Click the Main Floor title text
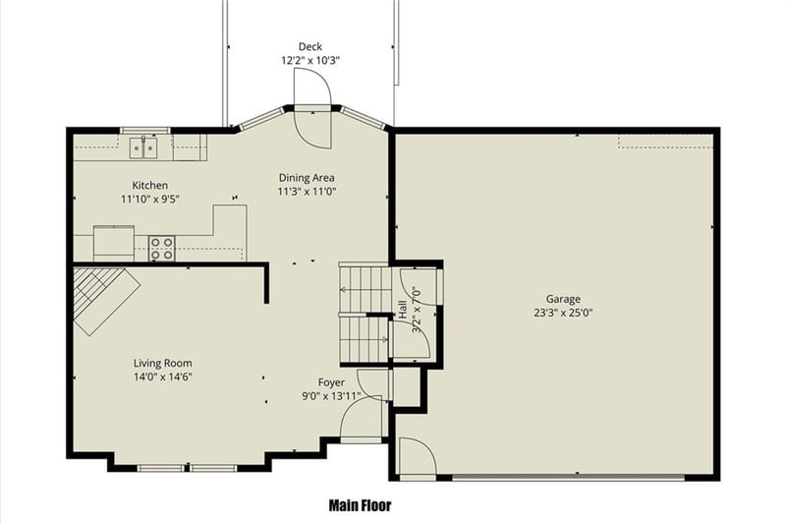(x=360, y=506)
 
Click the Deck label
(x=310, y=46)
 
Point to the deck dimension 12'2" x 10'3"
(x=310, y=60)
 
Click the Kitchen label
(x=150, y=185)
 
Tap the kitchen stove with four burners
(x=161, y=249)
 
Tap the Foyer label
(x=331, y=381)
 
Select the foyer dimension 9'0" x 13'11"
(x=331, y=396)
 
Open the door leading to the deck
(x=314, y=123)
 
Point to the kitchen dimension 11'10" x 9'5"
(x=150, y=199)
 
